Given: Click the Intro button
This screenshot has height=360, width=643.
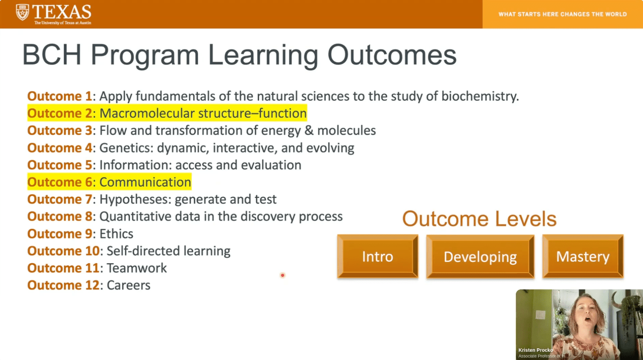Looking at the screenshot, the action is pyautogui.click(x=378, y=256).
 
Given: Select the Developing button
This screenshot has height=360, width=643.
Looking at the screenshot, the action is pyautogui.click(x=480, y=256).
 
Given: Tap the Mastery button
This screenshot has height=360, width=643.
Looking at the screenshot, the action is pyautogui.click(x=583, y=256).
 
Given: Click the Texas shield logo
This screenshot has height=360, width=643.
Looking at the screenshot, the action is pyautogui.click(x=23, y=12).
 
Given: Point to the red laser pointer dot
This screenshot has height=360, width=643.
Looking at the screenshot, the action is pyautogui.click(x=283, y=275).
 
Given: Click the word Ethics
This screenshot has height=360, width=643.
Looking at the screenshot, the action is pyautogui.click(x=116, y=234).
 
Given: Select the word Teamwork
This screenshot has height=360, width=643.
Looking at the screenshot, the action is pyautogui.click(x=137, y=268).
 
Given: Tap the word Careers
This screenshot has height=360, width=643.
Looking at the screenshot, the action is pyautogui.click(x=128, y=285).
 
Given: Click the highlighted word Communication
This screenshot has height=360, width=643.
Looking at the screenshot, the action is pyautogui.click(x=145, y=182).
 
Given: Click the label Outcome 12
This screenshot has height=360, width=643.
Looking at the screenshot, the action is pyautogui.click(x=63, y=285).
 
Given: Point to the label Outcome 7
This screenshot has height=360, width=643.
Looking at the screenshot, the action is pyautogui.click(x=60, y=199).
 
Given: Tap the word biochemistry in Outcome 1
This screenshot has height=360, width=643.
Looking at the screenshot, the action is pyautogui.click(x=480, y=96).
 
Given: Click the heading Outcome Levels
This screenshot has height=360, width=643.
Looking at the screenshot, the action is pyautogui.click(x=479, y=219).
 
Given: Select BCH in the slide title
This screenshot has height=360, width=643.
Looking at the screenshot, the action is pyautogui.click(x=52, y=55).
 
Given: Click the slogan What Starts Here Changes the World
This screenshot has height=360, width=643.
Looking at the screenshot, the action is pyautogui.click(x=563, y=14).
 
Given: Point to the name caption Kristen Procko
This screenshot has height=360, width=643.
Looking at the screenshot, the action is pyautogui.click(x=536, y=350).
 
